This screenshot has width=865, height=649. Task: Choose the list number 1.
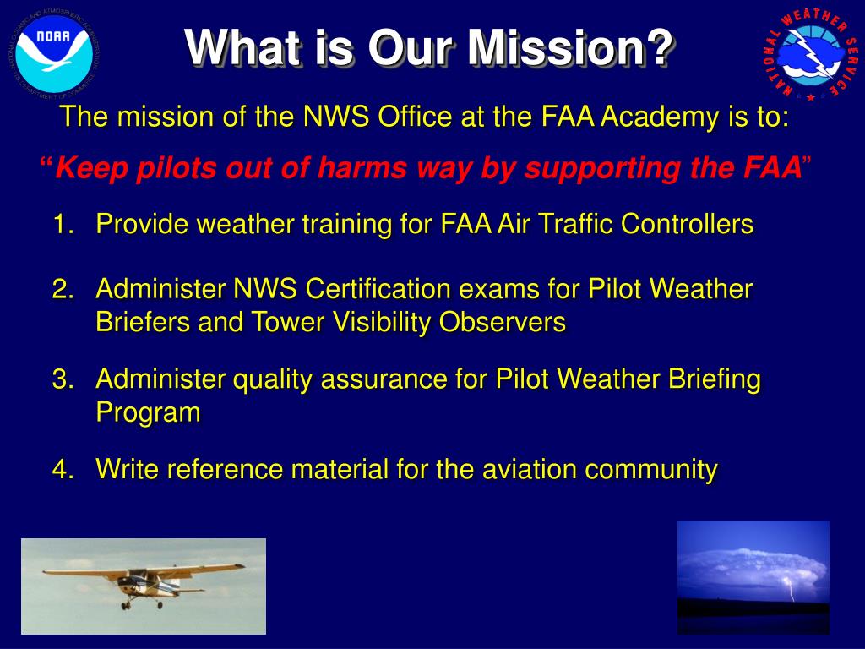click(x=61, y=225)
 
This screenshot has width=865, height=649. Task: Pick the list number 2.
click(x=61, y=290)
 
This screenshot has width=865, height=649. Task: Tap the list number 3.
click(x=61, y=379)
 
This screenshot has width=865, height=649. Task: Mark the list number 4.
click(x=61, y=469)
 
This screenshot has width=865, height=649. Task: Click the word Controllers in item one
click(x=687, y=225)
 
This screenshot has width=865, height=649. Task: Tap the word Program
click(x=148, y=413)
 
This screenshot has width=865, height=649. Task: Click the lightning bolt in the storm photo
click(x=791, y=588)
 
